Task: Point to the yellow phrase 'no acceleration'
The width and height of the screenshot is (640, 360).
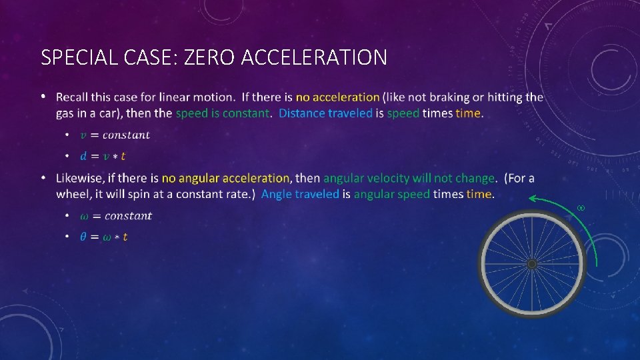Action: coord(337,97)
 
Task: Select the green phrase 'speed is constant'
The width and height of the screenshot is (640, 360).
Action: coord(222,113)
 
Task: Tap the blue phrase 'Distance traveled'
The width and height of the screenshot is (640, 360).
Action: coord(325,113)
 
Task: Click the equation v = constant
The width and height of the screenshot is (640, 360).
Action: coord(115,135)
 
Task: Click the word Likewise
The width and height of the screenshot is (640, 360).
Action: coord(81,179)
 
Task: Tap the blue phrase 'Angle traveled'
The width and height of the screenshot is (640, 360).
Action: coord(300,195)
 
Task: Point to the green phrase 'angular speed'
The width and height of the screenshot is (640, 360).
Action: coord(391,195)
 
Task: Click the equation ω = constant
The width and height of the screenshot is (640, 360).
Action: coord(116,216)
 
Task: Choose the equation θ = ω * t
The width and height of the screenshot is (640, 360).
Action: coord(104,237)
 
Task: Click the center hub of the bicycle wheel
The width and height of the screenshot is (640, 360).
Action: coord(531,265)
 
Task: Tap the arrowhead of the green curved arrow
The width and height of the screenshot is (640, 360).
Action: coord(533,199)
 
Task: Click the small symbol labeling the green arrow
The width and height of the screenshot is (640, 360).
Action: coord(580,209)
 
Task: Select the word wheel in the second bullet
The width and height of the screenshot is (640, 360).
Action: coord(73,195)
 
